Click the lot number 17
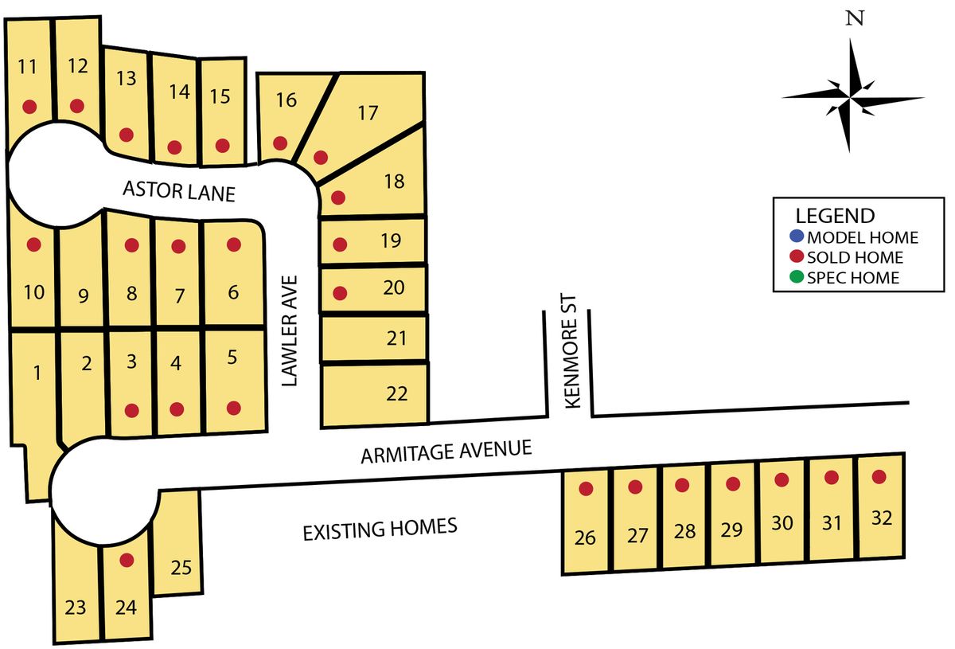pyautogui.click(x=367, y=113)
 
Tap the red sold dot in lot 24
pyautogui.click(x=126, y=560)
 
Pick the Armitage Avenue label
pyautogui.click(x=446, y=452)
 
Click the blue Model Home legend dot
pyautogui.click(x=797, y=237)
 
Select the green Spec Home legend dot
pyautogui.click(x=797, y=278)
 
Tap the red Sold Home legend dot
pyautogui.click(x=797, y=257)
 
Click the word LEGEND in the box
pyautogui.click(x=835, y=216)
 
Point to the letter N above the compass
pyautogui.click(x=855, y=20)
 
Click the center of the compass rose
pyautogui.click(x=851, y=96)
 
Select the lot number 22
pyautogui.click(x=396, y=393)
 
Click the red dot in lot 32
pyautogui.click(x=879, y=477)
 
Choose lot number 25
pyautogui.click(x=181, y=568)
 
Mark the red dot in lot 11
pyautogui.click(x=30, y=106)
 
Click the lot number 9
pyautogui.click(x=83, y=297)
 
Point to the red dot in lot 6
pyautogui.click(x=233, y=244)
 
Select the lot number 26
pyautogui.click(x=585, y=538)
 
